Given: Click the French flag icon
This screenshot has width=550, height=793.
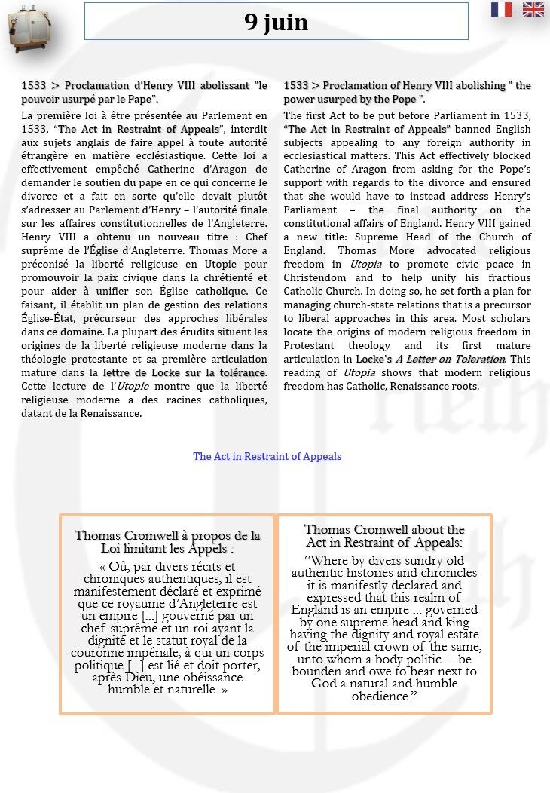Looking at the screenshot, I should click(x=501, y=9).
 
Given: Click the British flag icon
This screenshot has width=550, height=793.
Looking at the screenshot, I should click(x=533, y=9).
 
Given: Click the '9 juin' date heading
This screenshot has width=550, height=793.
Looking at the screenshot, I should click(x=276, y=22).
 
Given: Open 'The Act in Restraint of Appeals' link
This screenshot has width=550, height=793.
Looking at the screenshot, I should click(x=267, y=456).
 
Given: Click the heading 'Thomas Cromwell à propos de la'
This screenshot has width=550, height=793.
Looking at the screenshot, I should click(x=167, y=536).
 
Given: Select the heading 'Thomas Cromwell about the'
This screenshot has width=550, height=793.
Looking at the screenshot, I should click(x=384, y=530).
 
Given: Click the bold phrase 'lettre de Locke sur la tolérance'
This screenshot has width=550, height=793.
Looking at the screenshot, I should click(x=185, y=372).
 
